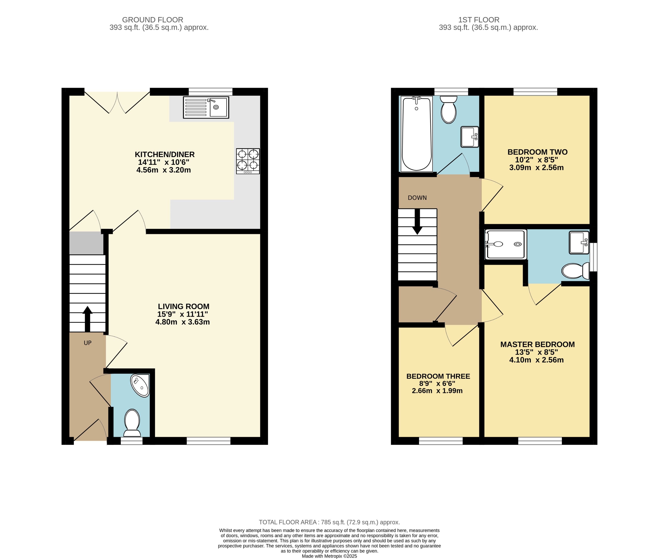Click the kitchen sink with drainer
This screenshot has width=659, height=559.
206,107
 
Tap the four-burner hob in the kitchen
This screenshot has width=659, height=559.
248,161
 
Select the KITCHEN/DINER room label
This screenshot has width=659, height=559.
164,154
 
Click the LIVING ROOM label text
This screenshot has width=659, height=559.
183,306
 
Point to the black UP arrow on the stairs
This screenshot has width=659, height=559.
87,319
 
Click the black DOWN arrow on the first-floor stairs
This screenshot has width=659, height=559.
417,222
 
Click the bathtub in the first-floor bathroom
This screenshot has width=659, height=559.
416,134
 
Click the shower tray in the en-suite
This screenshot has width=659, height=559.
506,244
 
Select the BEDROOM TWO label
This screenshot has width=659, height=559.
537,152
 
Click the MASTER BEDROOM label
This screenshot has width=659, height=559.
537,344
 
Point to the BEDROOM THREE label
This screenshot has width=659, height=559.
438,376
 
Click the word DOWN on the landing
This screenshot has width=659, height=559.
417,198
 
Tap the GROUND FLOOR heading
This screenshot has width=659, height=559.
152,20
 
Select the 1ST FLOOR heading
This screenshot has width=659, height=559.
478,20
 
